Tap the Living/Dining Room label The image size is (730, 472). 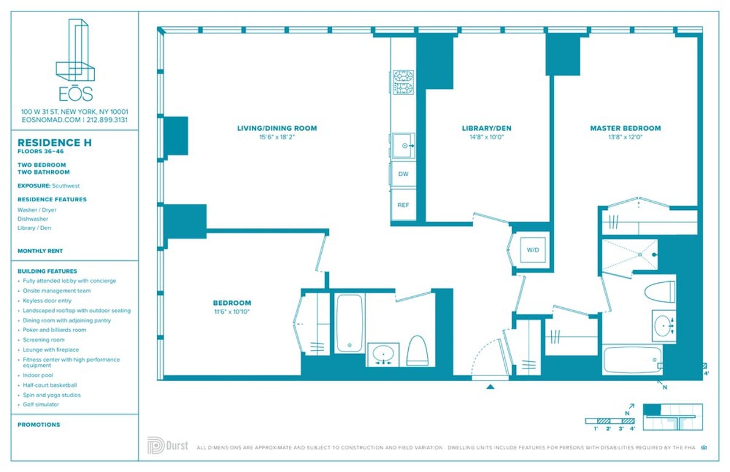[277, 128]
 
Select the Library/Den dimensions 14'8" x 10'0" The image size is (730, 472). [486, 137]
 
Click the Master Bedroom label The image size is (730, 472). [625, 128]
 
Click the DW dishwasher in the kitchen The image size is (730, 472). [403, 173]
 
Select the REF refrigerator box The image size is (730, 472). [403, 205]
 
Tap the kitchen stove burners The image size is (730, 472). [403, 83]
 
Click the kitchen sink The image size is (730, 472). [403, 146]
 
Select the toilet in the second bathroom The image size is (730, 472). [417, 351]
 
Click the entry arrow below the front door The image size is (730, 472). [490, 386]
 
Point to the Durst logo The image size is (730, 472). [167, 445]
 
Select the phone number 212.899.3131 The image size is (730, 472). [107, 120]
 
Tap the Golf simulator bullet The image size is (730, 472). [41, 404]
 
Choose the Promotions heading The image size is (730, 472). [39, 425]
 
